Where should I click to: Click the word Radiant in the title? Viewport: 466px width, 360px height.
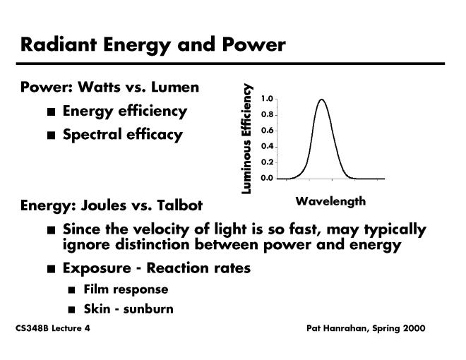point(56,44)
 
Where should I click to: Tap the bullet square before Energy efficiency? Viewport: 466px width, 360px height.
point(50,112)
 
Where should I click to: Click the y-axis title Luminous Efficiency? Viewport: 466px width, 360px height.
point(246,138)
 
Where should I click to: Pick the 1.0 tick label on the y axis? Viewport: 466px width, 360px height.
point(267,99)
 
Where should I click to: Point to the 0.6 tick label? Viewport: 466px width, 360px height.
point(267,131)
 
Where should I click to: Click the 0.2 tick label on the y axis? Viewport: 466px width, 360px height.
point(267,162)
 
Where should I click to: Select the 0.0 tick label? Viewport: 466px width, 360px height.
point(267,178)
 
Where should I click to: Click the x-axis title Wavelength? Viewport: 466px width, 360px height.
point(330,201)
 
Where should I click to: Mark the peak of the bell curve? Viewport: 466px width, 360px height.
point(321,100)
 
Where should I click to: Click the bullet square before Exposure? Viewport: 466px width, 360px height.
point(50,270)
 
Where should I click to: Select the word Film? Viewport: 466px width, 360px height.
point(95,289)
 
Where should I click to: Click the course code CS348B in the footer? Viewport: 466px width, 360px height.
point(31,329)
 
